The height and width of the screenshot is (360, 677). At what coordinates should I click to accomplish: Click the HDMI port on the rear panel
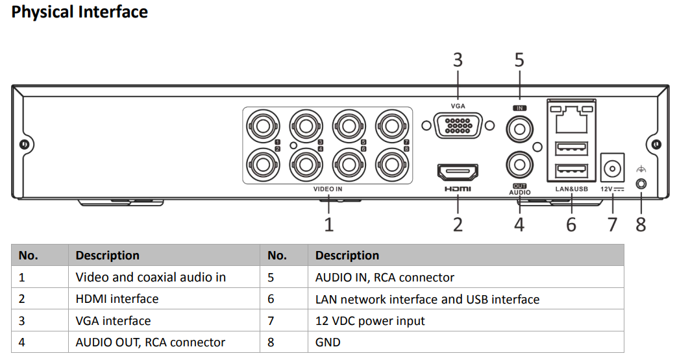coord(458,173)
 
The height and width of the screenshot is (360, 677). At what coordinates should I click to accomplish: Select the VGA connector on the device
coord(458,125)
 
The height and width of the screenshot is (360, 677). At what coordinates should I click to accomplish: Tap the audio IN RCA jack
coord(519,128)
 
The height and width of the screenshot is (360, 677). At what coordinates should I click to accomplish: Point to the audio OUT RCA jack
coord(519,164)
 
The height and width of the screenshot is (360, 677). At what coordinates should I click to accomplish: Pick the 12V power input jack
coord(612,169)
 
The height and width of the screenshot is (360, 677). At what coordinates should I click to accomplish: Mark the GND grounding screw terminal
coord(641,184)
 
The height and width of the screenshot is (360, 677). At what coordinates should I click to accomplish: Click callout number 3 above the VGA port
coord(458,60)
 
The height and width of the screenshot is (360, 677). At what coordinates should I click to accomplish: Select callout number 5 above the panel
coord(519,60)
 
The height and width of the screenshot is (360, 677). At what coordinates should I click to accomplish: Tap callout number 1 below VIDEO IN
coord(329,224)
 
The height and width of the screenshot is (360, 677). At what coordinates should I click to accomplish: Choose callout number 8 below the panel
coord(641,224)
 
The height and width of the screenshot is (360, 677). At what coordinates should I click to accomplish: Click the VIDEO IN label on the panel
coord(328,189)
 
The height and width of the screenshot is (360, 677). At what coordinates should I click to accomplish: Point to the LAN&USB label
coord(571,189)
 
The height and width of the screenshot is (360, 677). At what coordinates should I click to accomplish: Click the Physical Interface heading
coord(80,12)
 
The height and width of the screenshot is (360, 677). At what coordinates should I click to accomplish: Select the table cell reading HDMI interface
coord(117,299)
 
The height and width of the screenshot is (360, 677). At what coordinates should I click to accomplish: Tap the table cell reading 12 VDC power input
coord(370,321)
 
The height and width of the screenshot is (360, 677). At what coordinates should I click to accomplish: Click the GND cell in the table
coord(328,342)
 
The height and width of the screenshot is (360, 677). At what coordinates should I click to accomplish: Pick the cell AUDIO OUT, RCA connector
coord(151,342)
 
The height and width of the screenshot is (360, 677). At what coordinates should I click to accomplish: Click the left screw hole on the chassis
coord(24,144)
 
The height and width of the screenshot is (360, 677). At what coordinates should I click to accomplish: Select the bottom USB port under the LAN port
coord(571,171)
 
